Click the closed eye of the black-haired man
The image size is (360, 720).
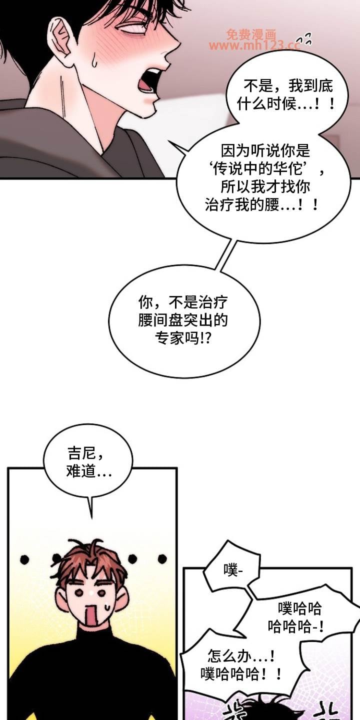(x=132, y=30)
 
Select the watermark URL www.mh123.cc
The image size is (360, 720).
(x=254, y=45)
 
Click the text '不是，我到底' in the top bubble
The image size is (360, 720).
(x=288, y=85)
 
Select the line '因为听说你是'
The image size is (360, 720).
(x=265, y=150)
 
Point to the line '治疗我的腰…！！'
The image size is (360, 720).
(x=261, y=204)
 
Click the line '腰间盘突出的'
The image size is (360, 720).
(x=183, y=320)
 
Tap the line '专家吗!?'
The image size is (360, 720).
(x=183, y=338)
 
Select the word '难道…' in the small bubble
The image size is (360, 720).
(x=89, y=471)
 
